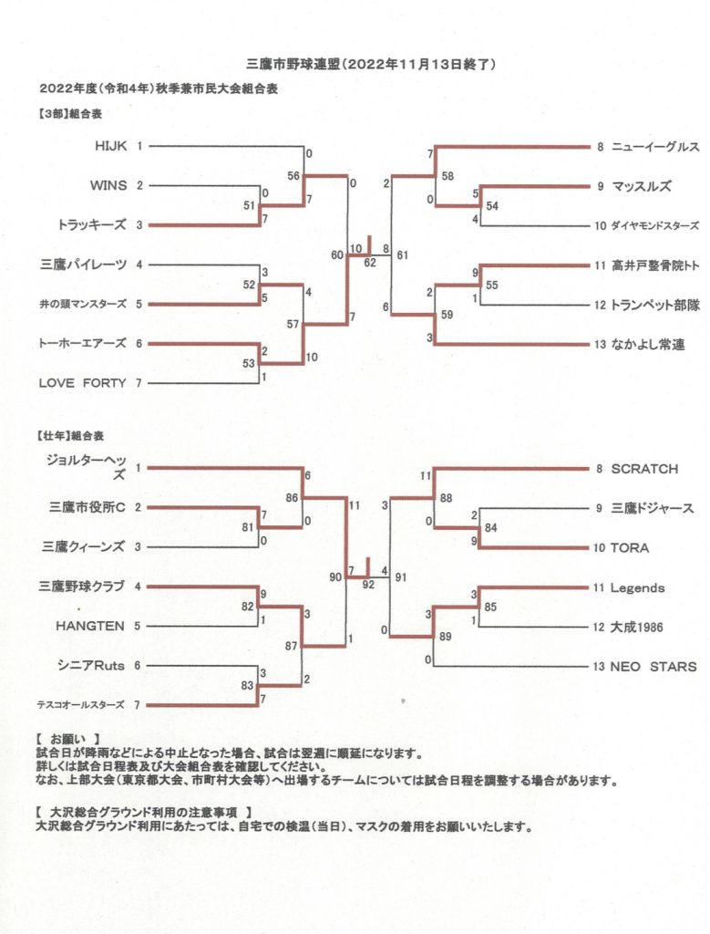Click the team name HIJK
pyautogui.click(x=110, y=145)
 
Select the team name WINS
pyautogui.click(x=108, y=185)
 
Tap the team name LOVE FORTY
pyautogui.click(x=82, y=383)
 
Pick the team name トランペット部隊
pyautogui.click(x=655, y=306)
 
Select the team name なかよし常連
pyautogui.click(x=648, y=344)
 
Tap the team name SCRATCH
pyautogui.click(x=643, y=469)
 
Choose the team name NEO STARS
pyautogui.click(x=653, y=667)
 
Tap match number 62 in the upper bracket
pyautogui.click(x=369, y=263)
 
